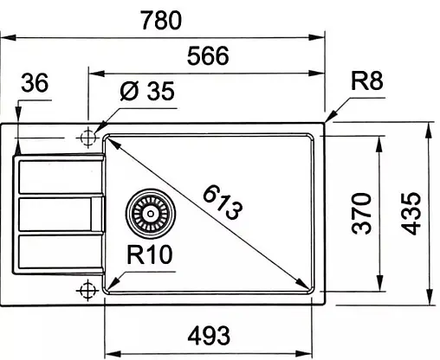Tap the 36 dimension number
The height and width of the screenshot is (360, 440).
34,83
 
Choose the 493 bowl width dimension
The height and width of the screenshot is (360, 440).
208,333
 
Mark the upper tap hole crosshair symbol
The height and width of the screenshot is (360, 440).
87,138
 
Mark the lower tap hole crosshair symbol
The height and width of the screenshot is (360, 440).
87,289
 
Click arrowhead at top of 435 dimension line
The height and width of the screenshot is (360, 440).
430,128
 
